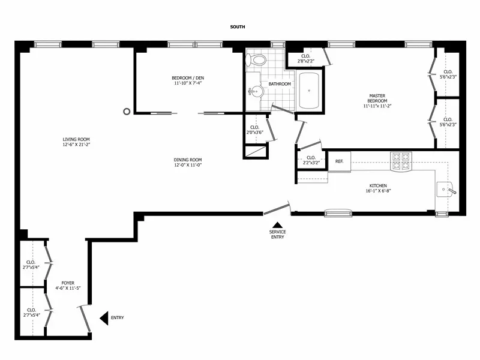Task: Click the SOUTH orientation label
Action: tap(238, 27)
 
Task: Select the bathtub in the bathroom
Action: tap(309, 91)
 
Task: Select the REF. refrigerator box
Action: tap(339, 161)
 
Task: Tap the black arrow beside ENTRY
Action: tap(104, 317)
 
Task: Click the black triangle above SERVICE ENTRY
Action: tap(277, 224)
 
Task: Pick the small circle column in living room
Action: tap(127, 111)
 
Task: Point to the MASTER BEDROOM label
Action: tap(377, 98)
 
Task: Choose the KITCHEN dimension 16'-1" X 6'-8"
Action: tap(378, 191)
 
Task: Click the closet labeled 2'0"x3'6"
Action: tap(254, 130)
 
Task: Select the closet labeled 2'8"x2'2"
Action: tap(305, 58)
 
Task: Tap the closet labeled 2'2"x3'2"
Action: tap(311, 160)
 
